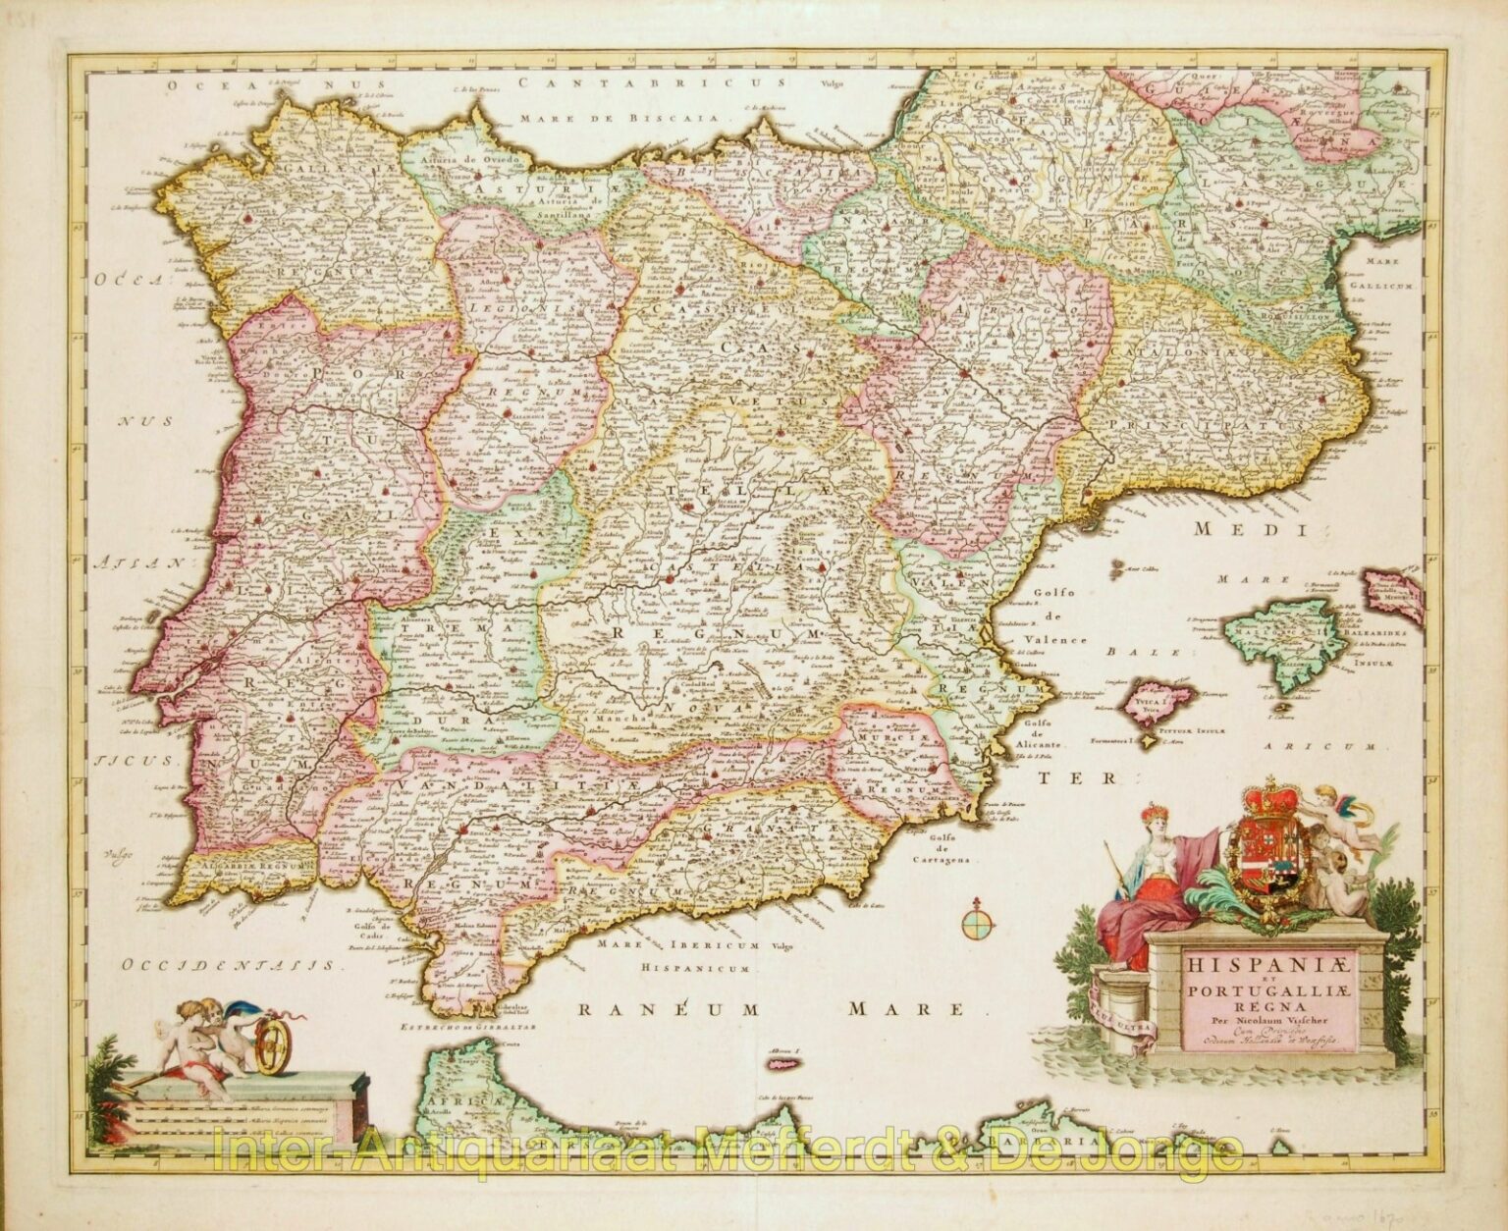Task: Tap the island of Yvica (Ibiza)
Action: (1162, 701)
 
